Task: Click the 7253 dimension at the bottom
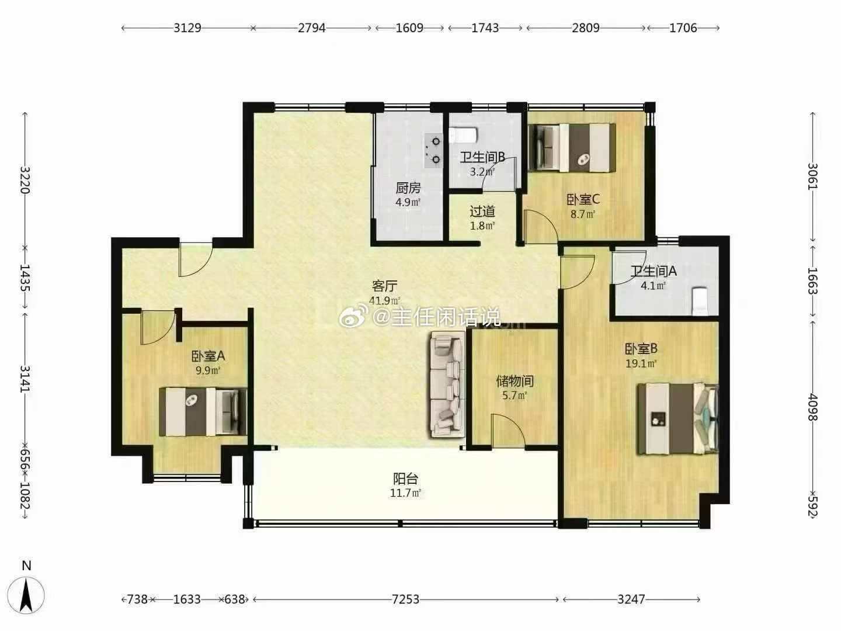click(405, 599)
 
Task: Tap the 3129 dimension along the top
click(187, 28)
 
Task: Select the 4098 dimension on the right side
click(812, 407)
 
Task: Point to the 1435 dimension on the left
click(25, 278)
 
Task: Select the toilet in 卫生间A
click(701, 301)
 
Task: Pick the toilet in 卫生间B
click(463, 135)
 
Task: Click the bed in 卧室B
click(678, 419)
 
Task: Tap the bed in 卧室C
click(572, 147)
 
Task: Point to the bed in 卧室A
click(203, 412)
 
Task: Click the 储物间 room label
click(515, 381)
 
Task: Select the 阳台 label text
click(405, 479)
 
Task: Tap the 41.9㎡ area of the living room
click(385, 300)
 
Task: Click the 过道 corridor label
click(482, 211)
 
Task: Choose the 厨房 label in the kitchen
click(408, 188)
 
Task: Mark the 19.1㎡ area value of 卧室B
click(641, 363)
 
